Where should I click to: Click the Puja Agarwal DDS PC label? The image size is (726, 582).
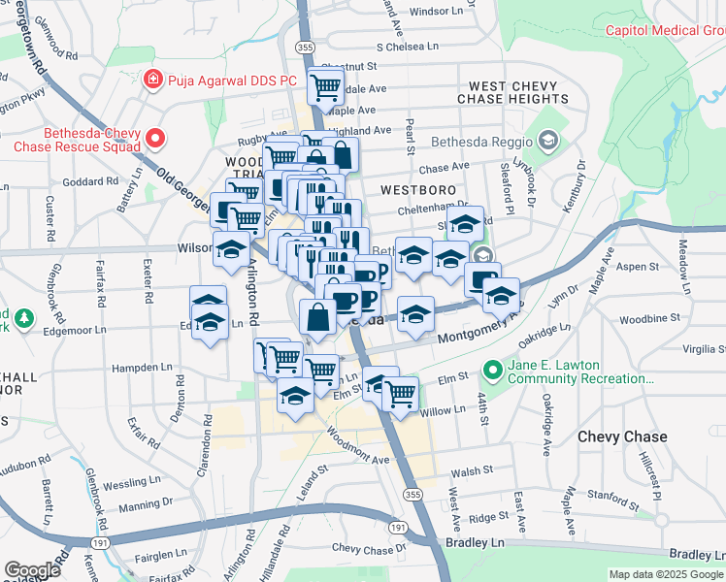pos(230,80)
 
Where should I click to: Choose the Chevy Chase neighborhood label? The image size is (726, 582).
pos(622,436)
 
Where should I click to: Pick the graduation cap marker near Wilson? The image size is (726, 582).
pos(231,249)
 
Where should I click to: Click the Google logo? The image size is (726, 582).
pos(32,569)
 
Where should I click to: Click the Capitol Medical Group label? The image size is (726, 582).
pos(666,30)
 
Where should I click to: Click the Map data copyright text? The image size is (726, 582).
pos(666,574)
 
